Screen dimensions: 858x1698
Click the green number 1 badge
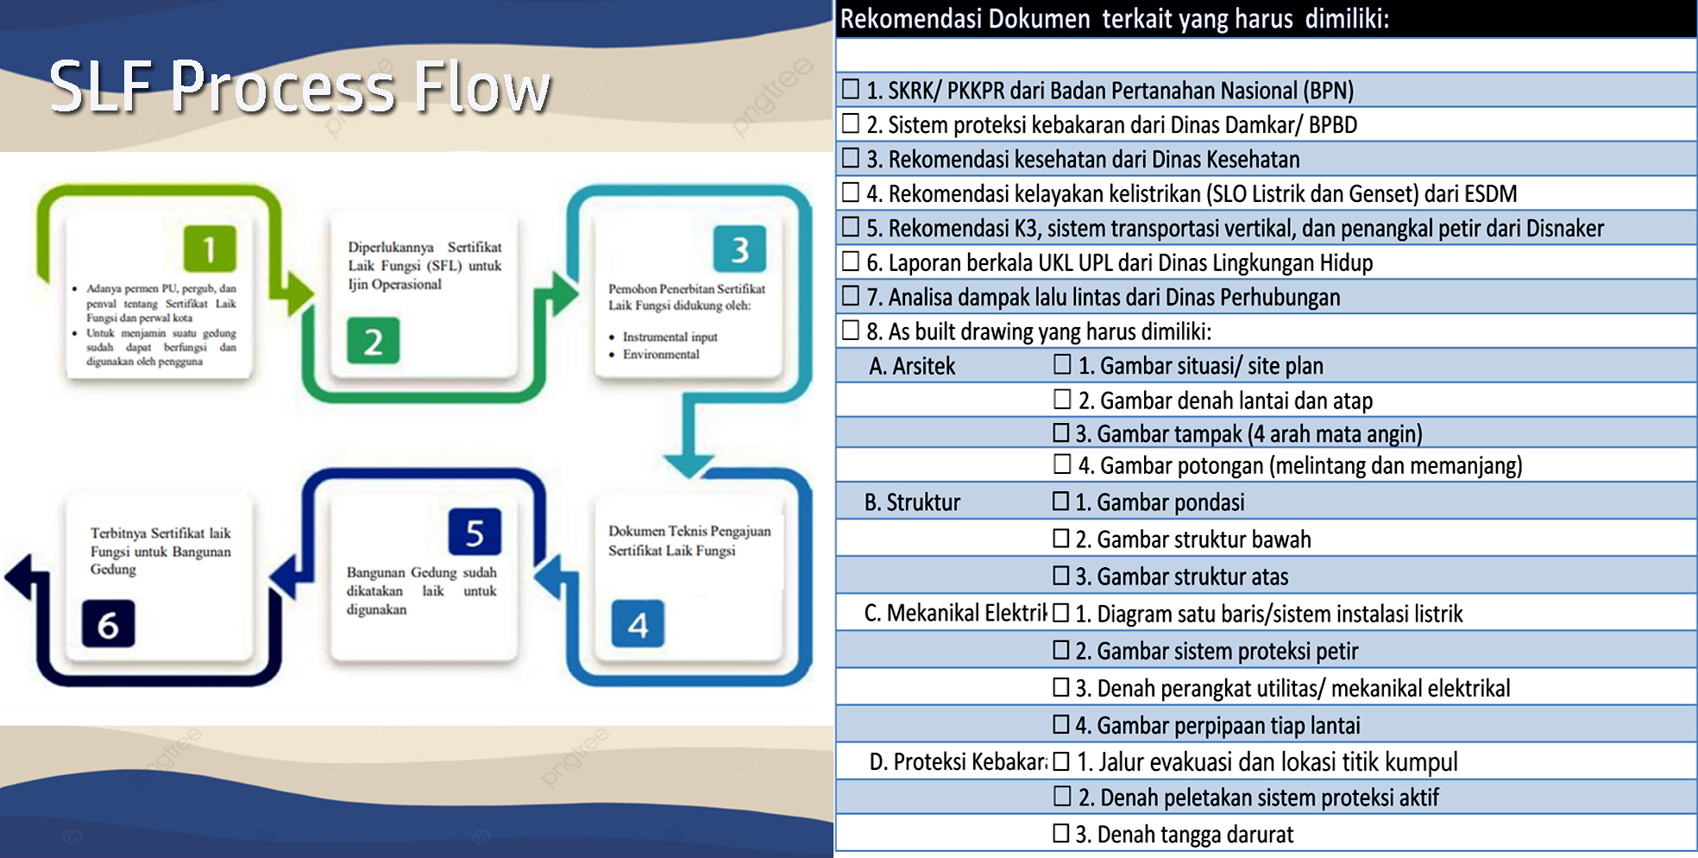point(210,249)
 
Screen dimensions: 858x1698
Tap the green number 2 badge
point(373,341)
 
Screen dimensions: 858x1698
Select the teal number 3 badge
point(739,249)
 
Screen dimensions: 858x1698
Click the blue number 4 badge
point(638,623)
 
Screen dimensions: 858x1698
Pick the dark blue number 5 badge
point(475,533)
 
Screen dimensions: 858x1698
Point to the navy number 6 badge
point(108,623)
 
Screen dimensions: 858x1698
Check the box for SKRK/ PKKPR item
point(851,89)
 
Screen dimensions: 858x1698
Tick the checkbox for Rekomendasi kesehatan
point(851,158)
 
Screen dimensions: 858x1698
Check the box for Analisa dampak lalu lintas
point(851,296)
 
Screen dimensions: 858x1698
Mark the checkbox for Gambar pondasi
point(1061,501)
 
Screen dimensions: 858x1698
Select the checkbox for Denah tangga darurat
point(1061,833)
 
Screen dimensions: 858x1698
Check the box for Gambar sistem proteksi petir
point(1061,649)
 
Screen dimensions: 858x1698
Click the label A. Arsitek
point(912,366)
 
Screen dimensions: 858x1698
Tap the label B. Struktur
point(912,502)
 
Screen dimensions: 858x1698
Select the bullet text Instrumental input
point(670,337)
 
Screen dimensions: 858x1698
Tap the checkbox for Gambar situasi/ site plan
point(1062,364)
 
